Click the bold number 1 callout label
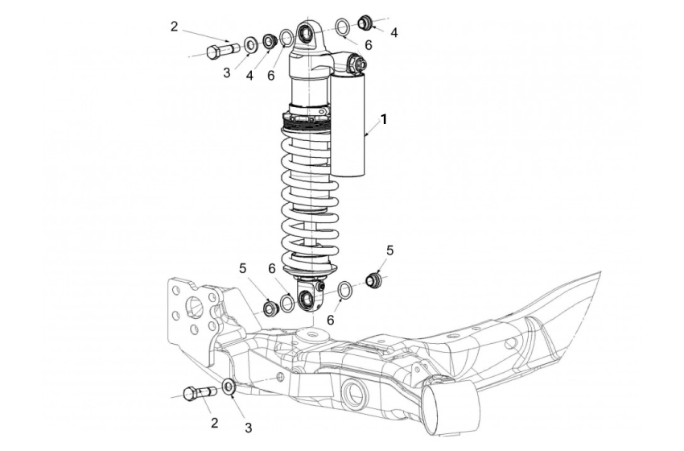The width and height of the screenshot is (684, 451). point(384,119)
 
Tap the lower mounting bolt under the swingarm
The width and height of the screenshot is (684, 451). point(196,394)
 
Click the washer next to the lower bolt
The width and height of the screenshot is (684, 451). point(229,387)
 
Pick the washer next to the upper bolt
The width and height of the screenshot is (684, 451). point(250,43)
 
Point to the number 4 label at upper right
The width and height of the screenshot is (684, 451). point(394,33)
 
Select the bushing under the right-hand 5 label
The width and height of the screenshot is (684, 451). point(373,280)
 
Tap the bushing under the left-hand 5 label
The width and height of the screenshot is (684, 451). point(270,307)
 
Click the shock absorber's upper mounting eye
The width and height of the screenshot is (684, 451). point(307,33)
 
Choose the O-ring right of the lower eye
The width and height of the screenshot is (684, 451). point(344,290)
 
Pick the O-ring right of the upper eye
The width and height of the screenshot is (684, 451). point(342,27)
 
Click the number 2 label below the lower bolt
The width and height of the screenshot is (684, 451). point(214,422)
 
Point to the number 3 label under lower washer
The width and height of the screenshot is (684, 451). point(249,427)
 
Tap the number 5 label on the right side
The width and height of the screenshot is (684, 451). point(390,250)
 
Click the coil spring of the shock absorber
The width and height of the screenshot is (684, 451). point(309,193)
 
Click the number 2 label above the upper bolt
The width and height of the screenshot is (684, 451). point(174,27)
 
